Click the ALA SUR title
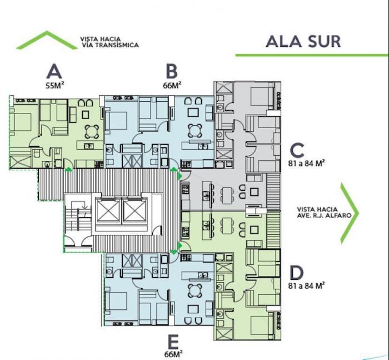coord(303,42)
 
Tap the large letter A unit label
coord(54,71)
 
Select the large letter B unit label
coord(172,71)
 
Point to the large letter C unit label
coord(297,150)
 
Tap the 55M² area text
coord(55,86)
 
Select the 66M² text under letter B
coord(172,85)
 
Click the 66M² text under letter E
coord(173,354)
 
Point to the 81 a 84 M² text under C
coord(307,163)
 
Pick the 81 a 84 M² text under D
coord(307,285)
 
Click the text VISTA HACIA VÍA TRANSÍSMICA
coord(109,42)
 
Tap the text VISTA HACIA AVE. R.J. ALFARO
coord(324,213)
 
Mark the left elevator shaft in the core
coord(108,211)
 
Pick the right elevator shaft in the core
coord(134,211)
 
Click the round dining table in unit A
coord(92,131)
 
